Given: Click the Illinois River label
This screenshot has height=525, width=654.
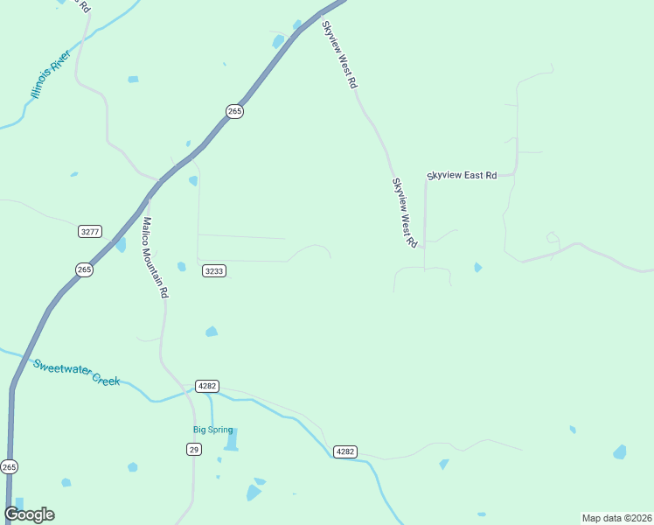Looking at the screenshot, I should tap(50, 75).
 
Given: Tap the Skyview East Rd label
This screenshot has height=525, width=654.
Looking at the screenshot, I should tap(462, 176).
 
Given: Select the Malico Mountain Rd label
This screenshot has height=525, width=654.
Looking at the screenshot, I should tap(155, 258).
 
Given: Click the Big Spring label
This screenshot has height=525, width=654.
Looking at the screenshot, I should tap(213, 430).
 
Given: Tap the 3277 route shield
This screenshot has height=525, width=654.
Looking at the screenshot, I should tap(90, 232).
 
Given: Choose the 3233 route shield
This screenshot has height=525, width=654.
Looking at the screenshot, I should tap(214, 271).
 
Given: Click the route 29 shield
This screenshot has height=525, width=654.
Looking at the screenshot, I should tap(193, 449).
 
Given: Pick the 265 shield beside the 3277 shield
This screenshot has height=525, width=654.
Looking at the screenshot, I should tap(84, 269).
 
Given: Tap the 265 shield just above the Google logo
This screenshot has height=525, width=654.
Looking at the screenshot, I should tap(9, 467).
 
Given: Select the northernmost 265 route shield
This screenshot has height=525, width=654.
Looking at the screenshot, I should tap(234, 111).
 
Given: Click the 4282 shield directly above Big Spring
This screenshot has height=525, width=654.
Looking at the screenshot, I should tap(207, 386).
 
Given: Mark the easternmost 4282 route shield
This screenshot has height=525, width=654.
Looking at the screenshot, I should tap(344, 451).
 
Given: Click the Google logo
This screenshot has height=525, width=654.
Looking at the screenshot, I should tap(29, 514).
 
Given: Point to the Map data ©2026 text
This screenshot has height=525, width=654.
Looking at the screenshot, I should tap(616, 517).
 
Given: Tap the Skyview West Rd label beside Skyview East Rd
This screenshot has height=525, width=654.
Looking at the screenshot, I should tap(404, 213).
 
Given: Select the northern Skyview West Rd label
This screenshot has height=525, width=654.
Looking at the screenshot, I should tap(341, 54).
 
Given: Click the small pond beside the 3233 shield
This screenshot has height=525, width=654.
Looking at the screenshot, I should tap(182, 267).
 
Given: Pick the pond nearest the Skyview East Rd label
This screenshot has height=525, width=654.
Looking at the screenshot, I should tap(477, 267).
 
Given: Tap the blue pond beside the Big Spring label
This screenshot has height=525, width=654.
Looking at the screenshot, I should tap(231, 439).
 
